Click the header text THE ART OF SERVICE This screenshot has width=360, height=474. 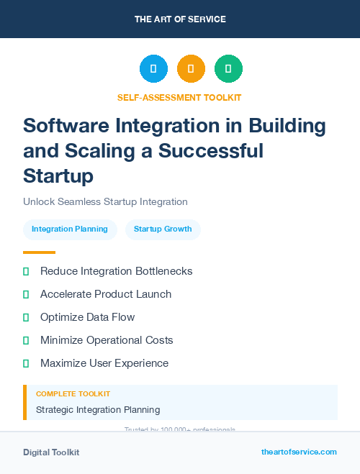(180, 19)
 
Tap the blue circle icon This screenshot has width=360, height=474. (153, 69)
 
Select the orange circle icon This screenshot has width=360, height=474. (191, 69)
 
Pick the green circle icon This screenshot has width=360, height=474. (228, 69)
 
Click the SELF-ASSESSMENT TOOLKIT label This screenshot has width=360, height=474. (179, 97)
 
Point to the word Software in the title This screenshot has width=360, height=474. (65, 126)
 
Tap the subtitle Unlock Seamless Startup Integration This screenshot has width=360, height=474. (105, 202)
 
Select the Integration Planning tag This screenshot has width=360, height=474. (70, 229)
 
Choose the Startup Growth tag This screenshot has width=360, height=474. (163, 229)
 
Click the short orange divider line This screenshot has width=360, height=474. (39, 252)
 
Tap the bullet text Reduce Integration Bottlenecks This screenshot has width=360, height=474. (116, 271)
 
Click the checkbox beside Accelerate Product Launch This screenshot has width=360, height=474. (26, 295)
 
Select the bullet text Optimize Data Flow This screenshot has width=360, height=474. (87, 317)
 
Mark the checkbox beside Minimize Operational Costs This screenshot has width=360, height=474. (26, 341)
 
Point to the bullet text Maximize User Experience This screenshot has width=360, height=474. (104, 363)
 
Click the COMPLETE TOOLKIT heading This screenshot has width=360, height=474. (73, 394)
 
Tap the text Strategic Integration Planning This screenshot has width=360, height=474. (98, 410)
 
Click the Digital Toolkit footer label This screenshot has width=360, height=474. (51, 452)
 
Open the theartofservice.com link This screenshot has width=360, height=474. (299, 452)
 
